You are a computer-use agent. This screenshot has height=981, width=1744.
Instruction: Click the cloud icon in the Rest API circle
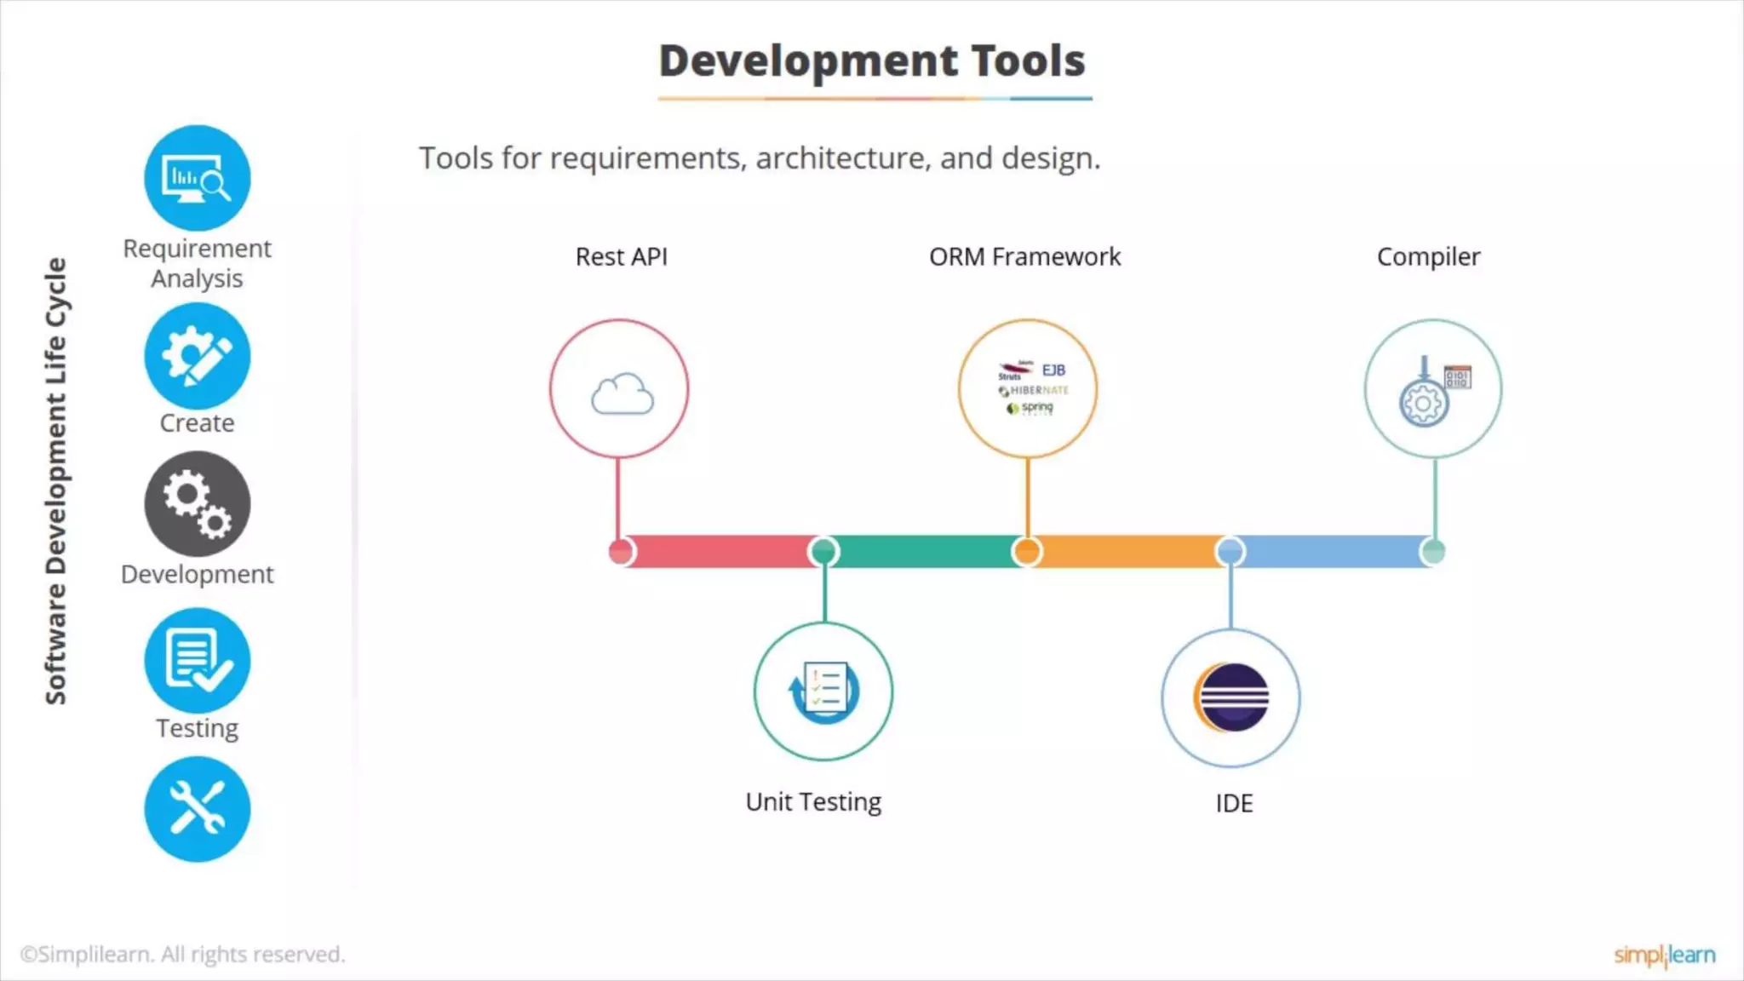coord(622,393)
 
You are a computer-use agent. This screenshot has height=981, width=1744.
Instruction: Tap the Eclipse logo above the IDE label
coord(1231,697)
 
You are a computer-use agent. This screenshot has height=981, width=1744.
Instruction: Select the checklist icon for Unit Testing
coord(824,691)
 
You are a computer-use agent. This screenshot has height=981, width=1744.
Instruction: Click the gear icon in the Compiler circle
coord(1423,403)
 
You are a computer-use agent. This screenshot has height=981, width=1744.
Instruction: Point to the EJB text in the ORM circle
coord(1053,370)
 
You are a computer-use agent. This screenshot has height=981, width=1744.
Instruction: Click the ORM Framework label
coord(1024,256)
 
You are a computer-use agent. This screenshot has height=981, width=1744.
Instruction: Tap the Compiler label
coord(1428,256)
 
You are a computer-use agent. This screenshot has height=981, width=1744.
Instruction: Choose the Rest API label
coord(622,256)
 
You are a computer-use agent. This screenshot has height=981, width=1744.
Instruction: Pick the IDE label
coord(1234,803)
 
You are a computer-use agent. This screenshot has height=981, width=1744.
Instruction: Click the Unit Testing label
coord(813,802)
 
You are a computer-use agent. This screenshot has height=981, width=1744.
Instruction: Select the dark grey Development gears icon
coord(198,504)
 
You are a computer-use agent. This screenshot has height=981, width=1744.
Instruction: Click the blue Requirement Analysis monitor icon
coord(198,178)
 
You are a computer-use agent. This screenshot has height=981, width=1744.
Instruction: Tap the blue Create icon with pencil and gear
coord(198,356)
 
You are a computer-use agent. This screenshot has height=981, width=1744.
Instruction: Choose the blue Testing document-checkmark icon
coord(198,661)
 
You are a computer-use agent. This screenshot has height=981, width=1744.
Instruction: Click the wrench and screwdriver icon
coord(198,809)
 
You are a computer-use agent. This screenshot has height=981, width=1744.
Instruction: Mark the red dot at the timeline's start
coord(622,552)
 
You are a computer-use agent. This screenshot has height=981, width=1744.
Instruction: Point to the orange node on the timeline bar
coord(1027,552)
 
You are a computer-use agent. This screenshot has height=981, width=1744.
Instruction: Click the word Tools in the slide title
coord(1028,61)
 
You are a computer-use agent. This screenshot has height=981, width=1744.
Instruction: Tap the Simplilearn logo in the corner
coord(1664,955)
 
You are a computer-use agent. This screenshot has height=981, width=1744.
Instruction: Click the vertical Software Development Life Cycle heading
coord(56,481)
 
